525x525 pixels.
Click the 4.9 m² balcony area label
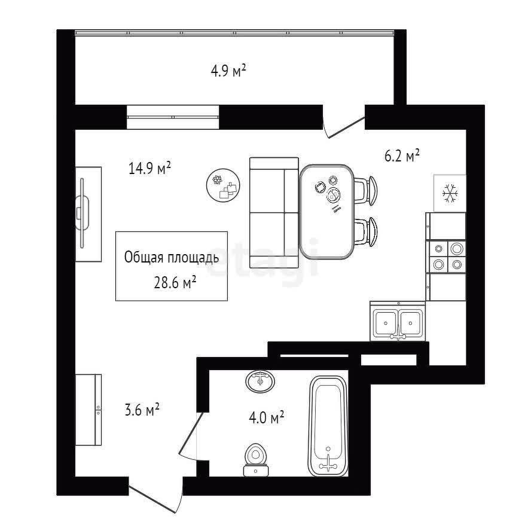[x=228, y=71]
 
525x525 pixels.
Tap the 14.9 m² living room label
[x=149, y=168]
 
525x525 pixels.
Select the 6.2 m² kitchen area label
[x=402, y=155]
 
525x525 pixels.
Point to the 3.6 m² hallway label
[x=142, y=410]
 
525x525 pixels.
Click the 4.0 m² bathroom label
[x=267, y=417]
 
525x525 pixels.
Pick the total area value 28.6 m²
[x=175, y=283]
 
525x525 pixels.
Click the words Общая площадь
[x=172, y=258]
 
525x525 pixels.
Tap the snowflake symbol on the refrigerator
[x=450, y=194]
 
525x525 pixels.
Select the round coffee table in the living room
[x=223, y=185]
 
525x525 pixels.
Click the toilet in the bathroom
[x=256, y=459]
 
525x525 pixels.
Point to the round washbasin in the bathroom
[x=260, y=381]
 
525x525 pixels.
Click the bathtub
[x=328, y=426]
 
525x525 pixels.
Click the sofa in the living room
[x=274, y=213]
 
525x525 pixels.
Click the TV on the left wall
[x=82, y=213]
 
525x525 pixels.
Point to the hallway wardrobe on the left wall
[x=88, y=410]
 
